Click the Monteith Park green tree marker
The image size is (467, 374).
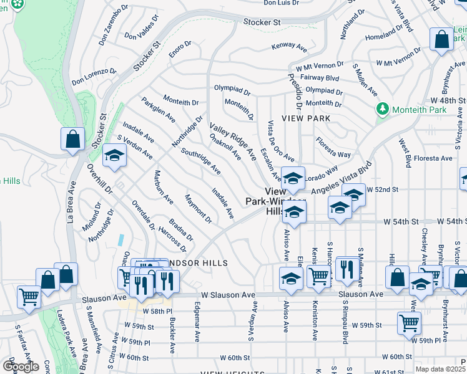pos(383,109)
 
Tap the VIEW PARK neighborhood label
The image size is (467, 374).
pos(305,118)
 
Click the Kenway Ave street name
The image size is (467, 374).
pos(289,47)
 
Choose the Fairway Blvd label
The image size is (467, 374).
pos(319,78)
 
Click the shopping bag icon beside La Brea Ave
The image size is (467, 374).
pos(72,139)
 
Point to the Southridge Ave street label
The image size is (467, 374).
pos(200,160)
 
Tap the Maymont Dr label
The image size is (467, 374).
pos(199,209)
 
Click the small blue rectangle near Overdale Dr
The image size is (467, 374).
pos(120,239)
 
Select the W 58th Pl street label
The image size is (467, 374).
pos(156,310)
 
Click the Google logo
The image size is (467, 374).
pos(21,367)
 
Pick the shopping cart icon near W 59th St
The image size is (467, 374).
pos(409,323)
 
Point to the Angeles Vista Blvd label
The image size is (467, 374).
pos(342,180)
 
